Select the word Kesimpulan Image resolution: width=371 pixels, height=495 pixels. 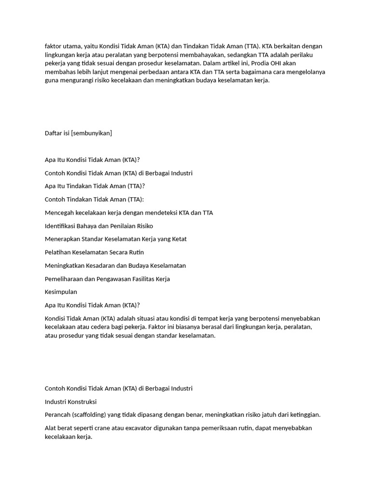61,292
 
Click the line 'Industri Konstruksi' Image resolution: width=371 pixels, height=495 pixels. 71,402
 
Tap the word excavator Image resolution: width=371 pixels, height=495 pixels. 141,428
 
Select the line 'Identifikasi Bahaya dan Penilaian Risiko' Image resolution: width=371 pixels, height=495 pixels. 99,226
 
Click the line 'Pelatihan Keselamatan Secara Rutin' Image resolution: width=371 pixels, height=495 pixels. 94,252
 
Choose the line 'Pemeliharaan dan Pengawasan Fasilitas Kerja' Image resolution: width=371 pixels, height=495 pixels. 107,279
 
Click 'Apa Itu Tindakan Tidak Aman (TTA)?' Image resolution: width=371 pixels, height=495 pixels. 95,186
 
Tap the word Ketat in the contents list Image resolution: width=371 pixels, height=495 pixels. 178,239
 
